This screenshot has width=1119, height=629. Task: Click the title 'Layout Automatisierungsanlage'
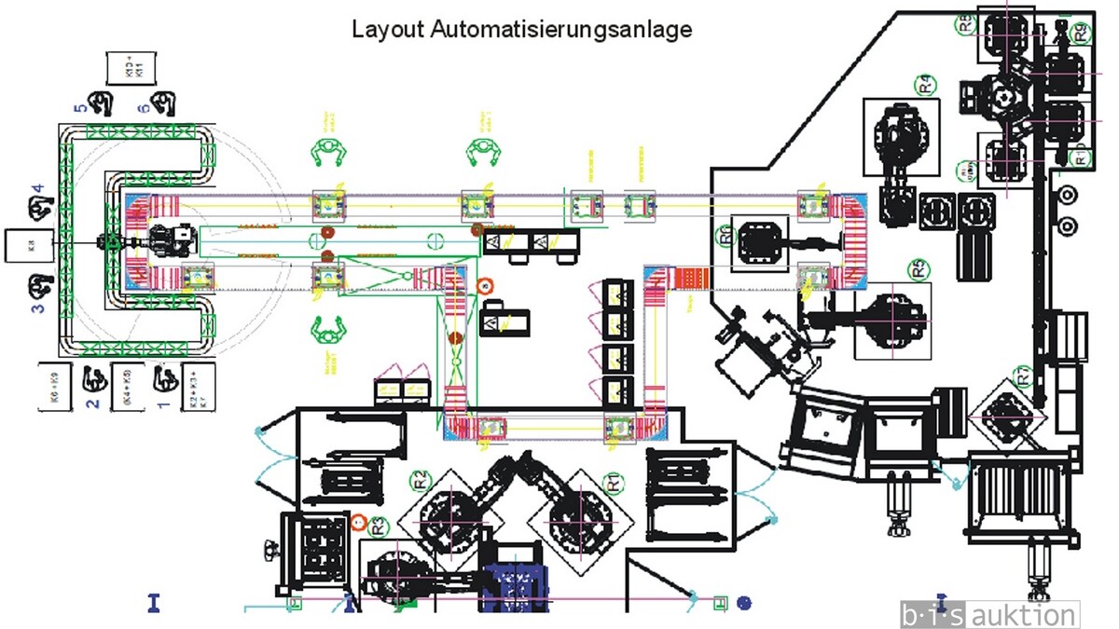point(521,29)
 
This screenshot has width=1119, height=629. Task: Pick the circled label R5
point(919,268)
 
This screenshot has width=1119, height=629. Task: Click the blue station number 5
point(80,108)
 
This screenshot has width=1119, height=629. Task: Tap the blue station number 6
point(143,108)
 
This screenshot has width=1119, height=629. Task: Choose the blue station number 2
point(92,403)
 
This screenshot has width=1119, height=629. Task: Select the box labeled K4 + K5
point(131,385)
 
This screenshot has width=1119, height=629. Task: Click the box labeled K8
point(29,246)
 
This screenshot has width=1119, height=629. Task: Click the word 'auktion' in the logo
point(1024,615)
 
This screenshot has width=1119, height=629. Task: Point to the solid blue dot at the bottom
point(743,603)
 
